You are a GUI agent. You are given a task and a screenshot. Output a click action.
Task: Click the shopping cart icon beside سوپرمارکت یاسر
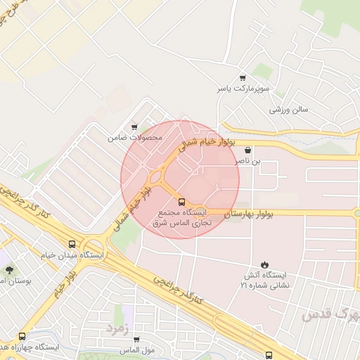pyautogui.click(x=243, y=78)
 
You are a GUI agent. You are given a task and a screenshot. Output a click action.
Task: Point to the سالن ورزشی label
pyautogui.click(x=289, y=110)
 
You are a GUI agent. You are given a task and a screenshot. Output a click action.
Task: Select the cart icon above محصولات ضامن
pyautogui.click(x=134, y=127)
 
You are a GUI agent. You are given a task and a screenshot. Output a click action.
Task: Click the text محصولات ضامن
pyautogui.click(x=134, y=138)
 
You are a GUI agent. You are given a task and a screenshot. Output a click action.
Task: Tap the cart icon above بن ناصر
pyautogui.click(x=247, y=150)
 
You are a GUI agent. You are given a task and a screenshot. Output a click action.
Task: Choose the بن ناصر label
pyautogui.click(x=247, y=161)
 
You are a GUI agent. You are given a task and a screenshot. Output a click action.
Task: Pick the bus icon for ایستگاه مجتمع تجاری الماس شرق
pyautogui.click(x=183, y=202)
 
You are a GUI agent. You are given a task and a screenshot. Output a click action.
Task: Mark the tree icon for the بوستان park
pyautogui.click(x=9, y=270)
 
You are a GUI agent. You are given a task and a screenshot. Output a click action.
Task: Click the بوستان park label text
pyautogui.click(x=13, y=281)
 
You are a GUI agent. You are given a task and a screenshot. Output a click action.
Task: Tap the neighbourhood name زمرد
pyautogui.click(x=117, y=328)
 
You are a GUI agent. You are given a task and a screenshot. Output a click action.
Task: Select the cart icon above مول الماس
pyautogui.click(x=136, y=340)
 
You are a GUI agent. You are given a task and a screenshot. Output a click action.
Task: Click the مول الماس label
pyautogui.click(x=136, y=350)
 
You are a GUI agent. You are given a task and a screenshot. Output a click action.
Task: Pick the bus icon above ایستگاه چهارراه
pyautogui.click(x=22, y=337)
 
